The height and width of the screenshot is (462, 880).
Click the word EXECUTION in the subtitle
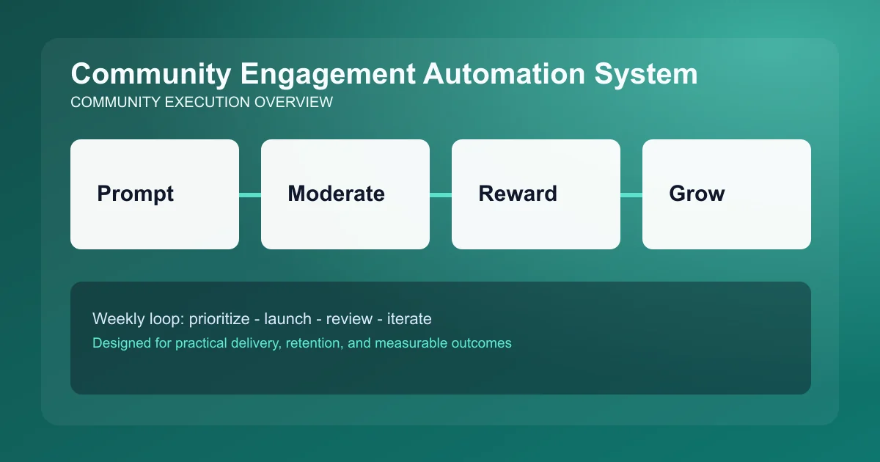[x=208, y=103]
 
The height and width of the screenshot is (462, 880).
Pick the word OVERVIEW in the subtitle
[x=293, y=103]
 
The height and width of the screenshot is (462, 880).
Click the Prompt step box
[x=155, y=194]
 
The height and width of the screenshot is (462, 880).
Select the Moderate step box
[x=345, y=194]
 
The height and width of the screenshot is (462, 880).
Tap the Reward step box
[x=536, y=194]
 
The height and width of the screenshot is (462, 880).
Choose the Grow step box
[x=727, y=194]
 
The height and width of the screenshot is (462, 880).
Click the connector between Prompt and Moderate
[x=250, y=194]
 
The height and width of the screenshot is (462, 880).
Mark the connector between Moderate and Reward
[x=441, y=194]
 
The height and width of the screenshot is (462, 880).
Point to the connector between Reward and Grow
[x=631, y=194]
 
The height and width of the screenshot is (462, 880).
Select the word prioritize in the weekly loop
[x=218, y=319]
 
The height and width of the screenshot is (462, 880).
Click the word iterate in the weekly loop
[x=410, y=319]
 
